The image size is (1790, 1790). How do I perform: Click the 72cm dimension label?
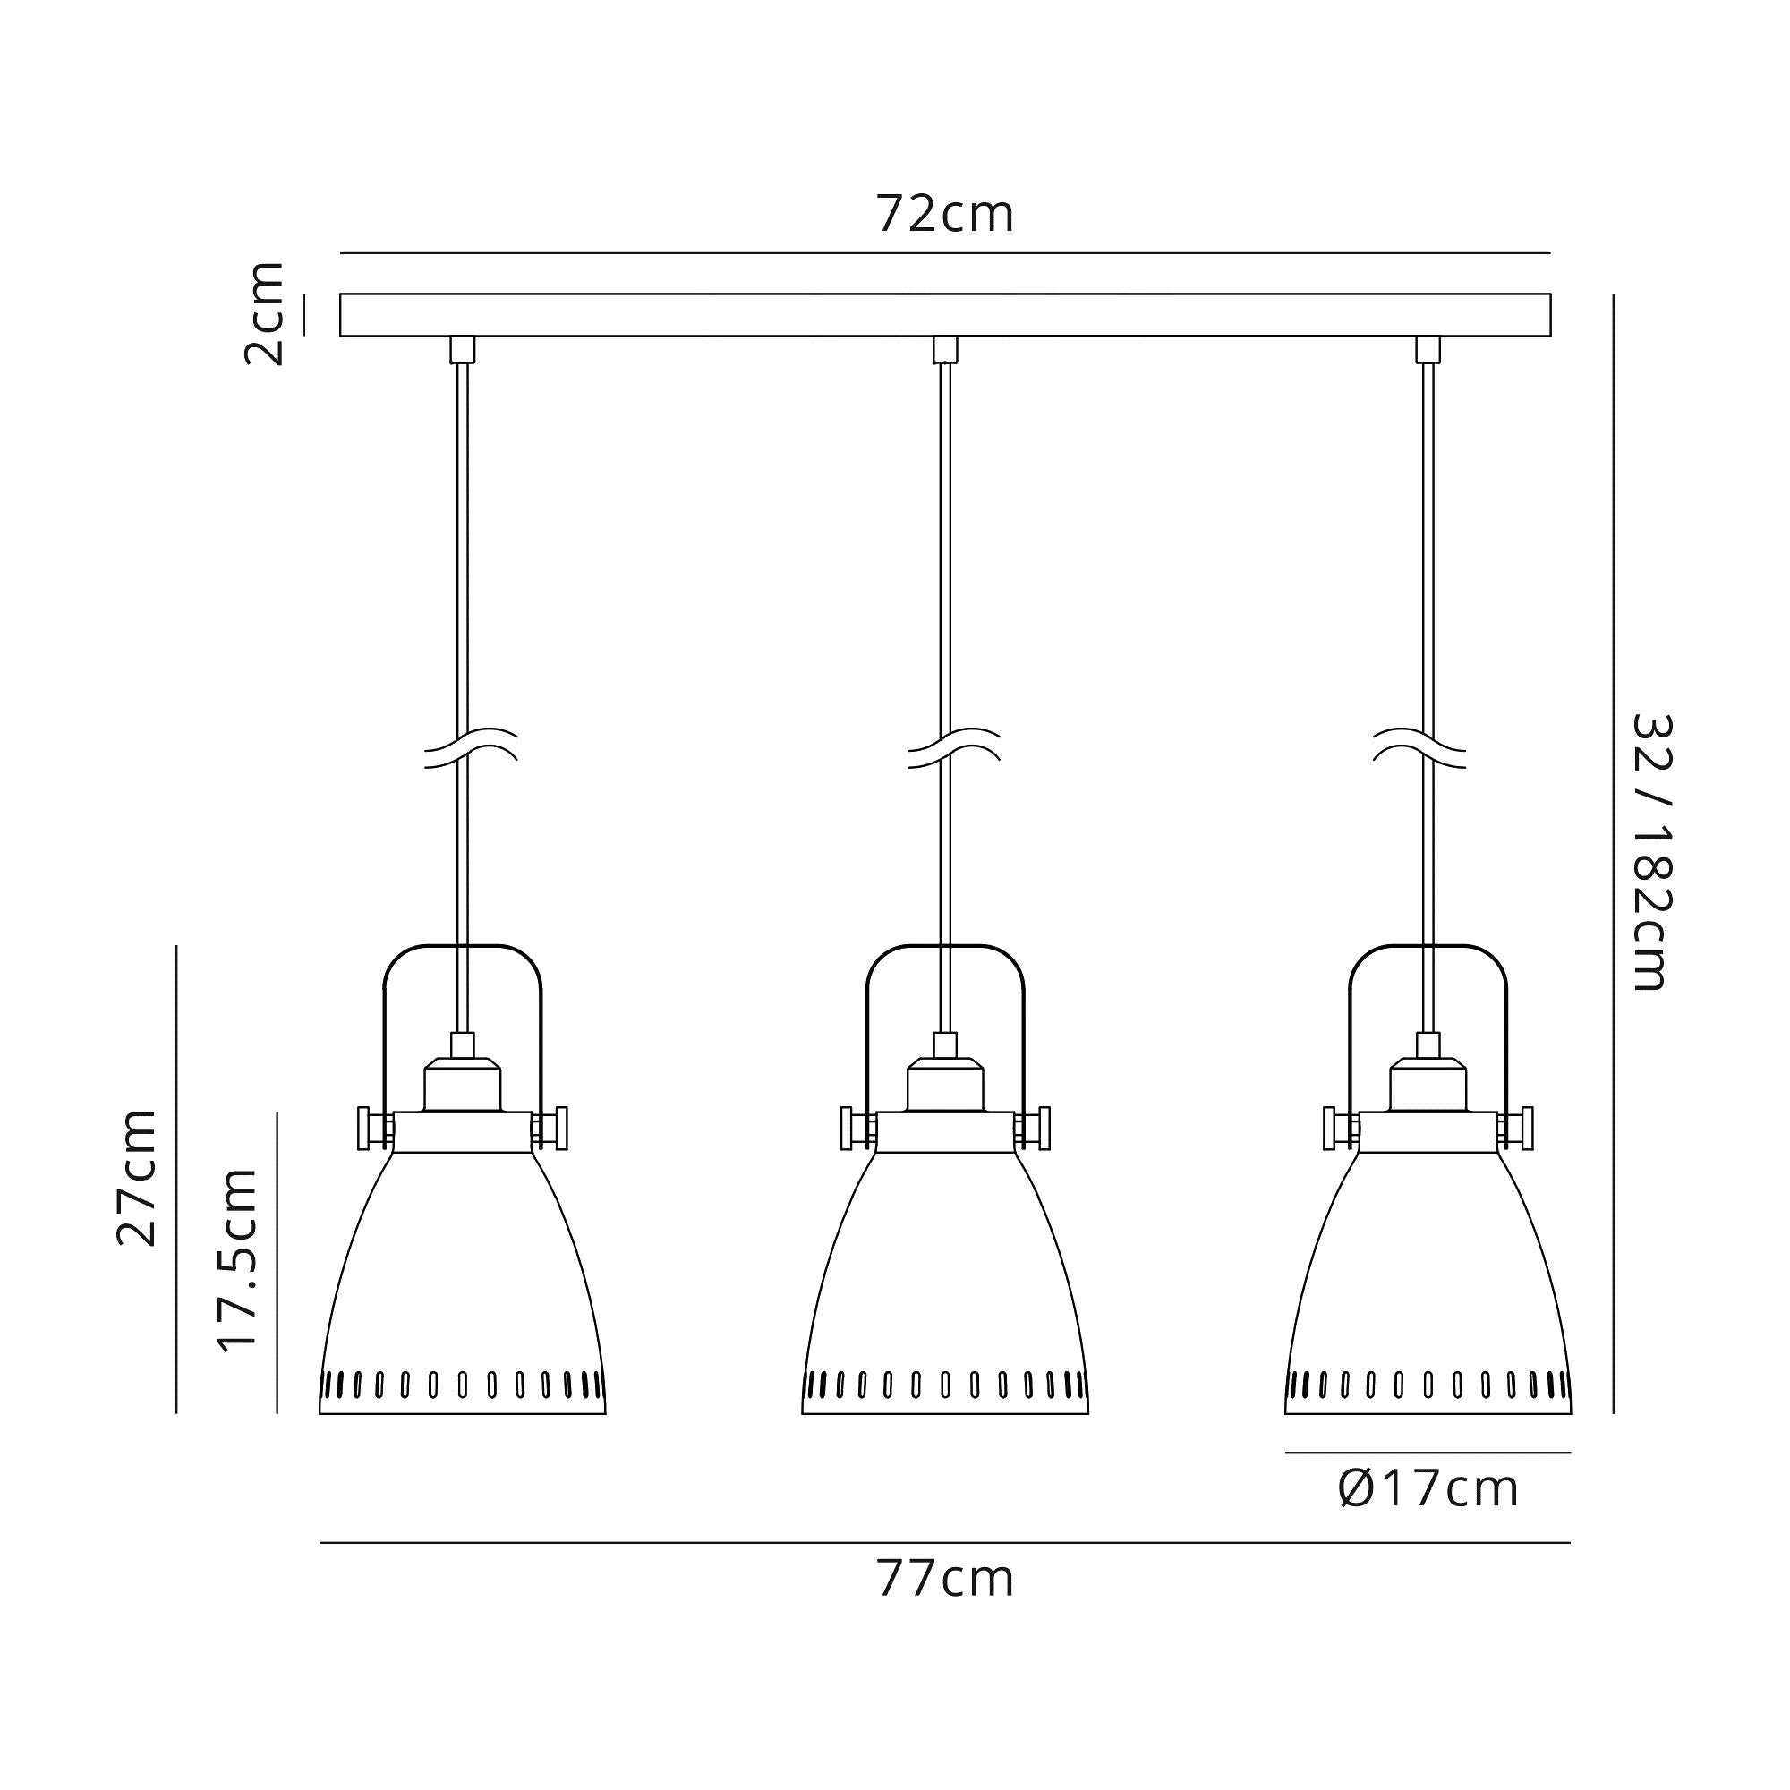pos(945,215)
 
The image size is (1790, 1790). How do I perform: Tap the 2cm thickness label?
pos(264,314)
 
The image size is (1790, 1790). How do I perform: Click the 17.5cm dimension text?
pos(237,1260)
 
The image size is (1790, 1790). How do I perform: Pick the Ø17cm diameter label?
pos(1428,1490)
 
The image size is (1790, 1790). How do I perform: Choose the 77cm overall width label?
pos(945,1581)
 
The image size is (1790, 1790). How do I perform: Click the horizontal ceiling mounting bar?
pos(945,315)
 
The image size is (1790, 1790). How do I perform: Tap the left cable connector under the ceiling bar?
pos(463,349)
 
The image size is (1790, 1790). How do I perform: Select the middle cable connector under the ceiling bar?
pos(945,349)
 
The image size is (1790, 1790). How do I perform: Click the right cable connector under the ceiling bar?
pos(1428,349)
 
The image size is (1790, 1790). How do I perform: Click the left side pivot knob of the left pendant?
pos(368,1129)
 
